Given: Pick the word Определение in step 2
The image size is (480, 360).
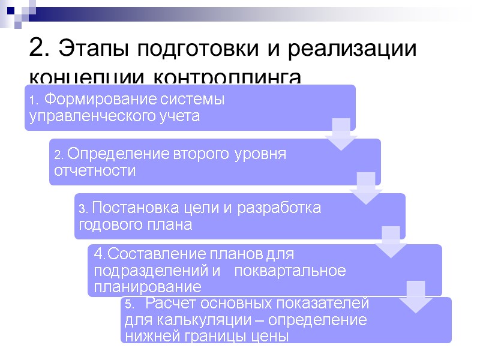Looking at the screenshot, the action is tap(110, 154).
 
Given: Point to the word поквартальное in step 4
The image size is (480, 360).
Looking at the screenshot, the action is tap(290, 271).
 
